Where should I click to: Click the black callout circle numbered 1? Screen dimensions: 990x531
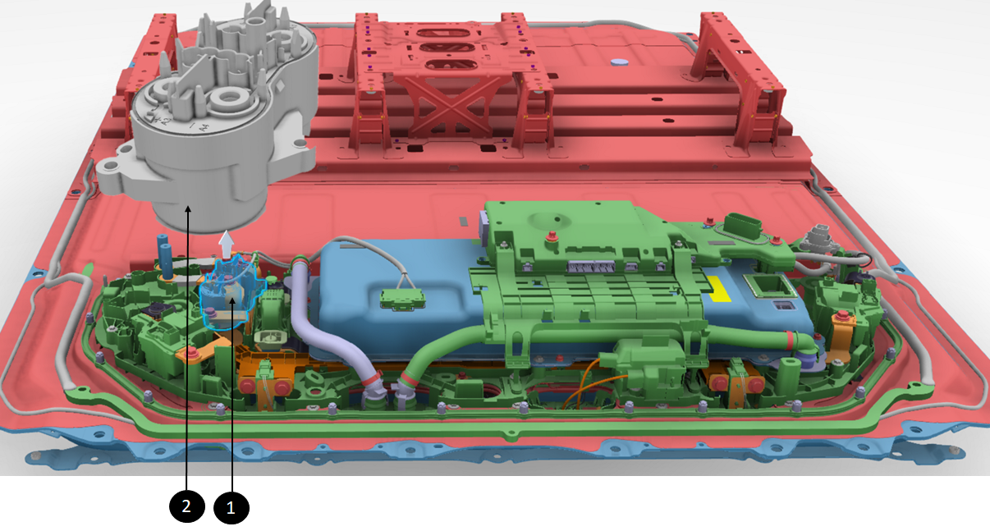tap(231, 507)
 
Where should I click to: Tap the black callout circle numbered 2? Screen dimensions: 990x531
tap(186, 506)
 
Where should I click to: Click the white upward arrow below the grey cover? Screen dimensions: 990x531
tap(227, 245)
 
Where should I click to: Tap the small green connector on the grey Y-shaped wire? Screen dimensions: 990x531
tap(402, 298)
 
